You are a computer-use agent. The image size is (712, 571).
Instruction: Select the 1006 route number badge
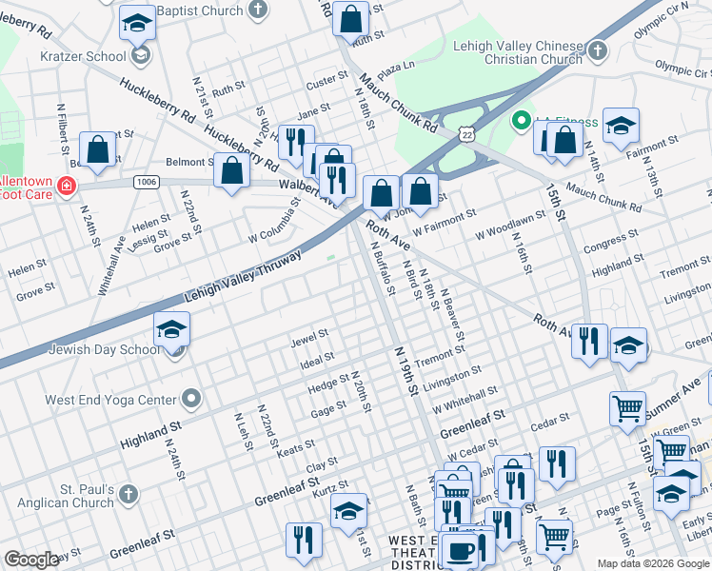[x=146, y=181]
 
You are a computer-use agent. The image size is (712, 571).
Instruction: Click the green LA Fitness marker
[x=521, y=122]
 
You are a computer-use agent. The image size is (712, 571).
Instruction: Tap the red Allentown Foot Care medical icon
[x=67, y=186]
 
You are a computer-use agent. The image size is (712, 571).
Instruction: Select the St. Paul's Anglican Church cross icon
[x=129, y=494]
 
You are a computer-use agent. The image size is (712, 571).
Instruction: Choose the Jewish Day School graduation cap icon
[x=172, y=329]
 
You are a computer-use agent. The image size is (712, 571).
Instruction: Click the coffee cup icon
[x=462, y=550]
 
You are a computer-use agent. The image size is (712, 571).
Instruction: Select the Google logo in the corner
[x=31, y=560]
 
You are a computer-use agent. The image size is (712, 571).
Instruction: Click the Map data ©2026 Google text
[x=652, y=563]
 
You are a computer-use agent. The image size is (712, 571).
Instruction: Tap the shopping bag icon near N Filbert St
[x=97, y=149]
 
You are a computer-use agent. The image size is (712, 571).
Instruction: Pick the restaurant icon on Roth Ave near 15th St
[x=589, y=340]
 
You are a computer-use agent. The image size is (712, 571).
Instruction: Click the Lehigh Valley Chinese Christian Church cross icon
[x=597, y=49]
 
